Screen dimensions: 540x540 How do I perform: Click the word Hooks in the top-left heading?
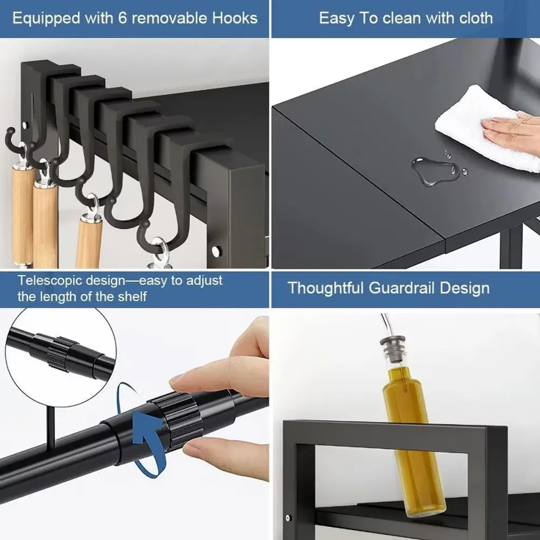point(235,18)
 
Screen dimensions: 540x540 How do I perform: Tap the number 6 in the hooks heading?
point(122,18)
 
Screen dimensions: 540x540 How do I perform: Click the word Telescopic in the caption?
point(49,281)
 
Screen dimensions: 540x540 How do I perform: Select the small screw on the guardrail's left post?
point(288,518)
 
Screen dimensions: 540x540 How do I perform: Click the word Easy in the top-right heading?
point(336,18)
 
